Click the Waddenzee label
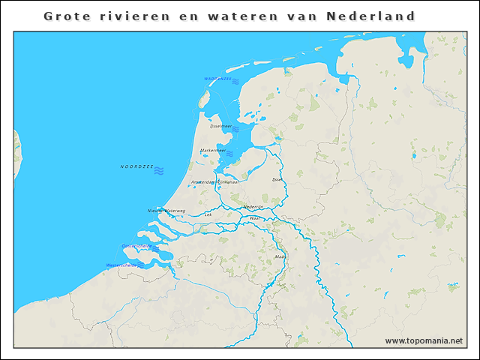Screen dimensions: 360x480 217,79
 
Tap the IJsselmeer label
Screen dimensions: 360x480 221,127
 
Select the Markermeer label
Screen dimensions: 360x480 213,150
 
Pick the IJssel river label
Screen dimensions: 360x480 277,180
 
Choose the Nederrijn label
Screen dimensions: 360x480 253,207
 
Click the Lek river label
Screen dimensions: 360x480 208,214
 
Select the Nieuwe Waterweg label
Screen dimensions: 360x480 166,211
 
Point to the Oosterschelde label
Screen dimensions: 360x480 136,246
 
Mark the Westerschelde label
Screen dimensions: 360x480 121,265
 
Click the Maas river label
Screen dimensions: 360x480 280,256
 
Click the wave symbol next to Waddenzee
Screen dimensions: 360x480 235,80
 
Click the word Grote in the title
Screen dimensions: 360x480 65,16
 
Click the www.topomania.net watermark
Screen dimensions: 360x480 424,340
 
